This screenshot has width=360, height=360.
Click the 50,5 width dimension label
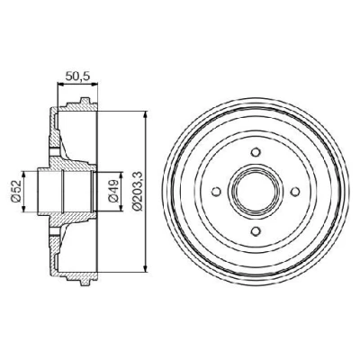click(x=77, y=76)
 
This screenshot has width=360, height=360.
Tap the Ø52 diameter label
click(x=15, y=191)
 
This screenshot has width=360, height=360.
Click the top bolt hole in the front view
click(x=256, y=152)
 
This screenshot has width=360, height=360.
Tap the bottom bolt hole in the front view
click(x=256, y=231)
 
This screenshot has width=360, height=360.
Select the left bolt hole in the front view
click(x=216, y=191)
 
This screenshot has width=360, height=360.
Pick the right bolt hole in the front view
click(x=295, y=191)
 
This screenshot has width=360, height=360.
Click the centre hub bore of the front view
click(x=256, y=191)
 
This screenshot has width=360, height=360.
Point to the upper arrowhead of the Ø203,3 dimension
click(x=146, y=115)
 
